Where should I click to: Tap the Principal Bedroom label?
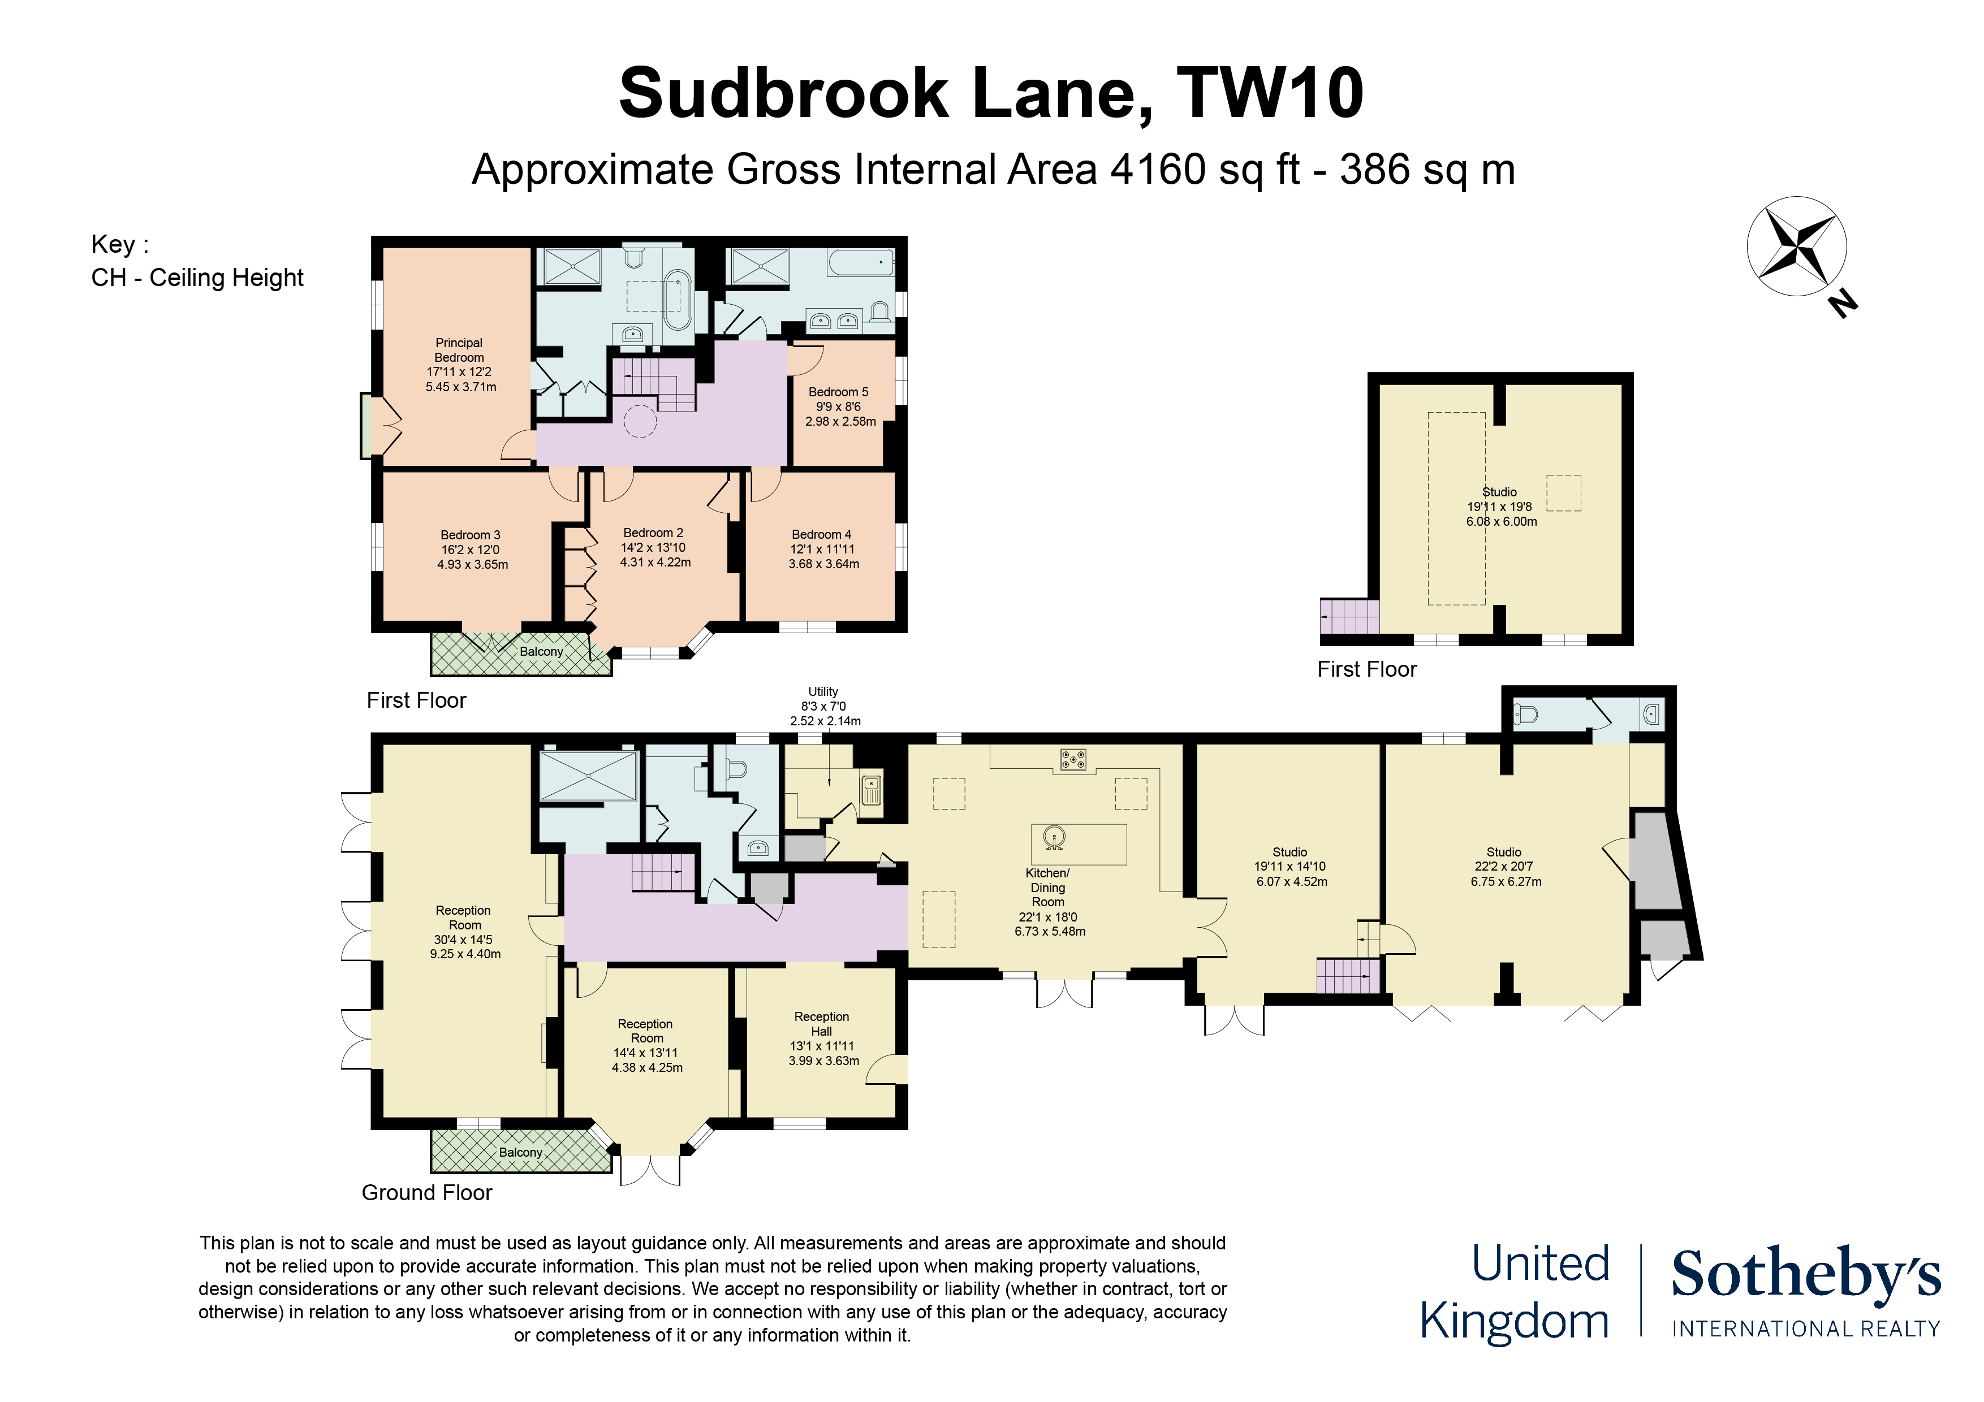pos(459,350)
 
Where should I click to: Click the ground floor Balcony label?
pos(520,1152)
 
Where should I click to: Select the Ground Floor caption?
pos(427,1193)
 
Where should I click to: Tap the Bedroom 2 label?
pos(653,533)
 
